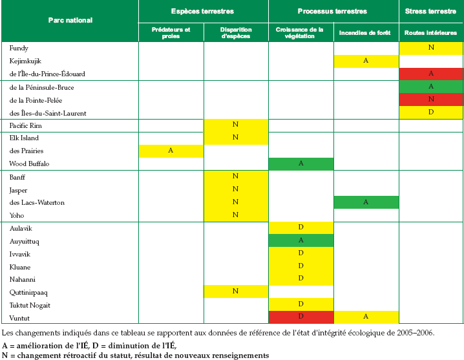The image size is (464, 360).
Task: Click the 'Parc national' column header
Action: click(70, 20)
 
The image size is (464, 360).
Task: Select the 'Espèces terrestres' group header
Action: click(202, 11)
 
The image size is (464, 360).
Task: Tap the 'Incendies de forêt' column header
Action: click(365, 33)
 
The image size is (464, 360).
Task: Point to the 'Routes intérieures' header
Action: click(430, 33)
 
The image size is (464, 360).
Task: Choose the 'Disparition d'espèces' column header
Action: click(236, 33)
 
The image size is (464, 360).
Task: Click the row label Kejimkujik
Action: click(25, 61)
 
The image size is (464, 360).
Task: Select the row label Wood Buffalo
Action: click(29, 164)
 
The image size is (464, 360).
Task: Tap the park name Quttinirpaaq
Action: click(28, 293)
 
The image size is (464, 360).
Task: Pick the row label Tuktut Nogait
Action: click(30, 306)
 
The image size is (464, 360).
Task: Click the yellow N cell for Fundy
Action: click(431, 48)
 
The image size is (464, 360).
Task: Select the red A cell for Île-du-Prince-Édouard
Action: click(431, 74)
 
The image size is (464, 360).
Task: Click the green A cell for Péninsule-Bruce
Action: click(431, 87)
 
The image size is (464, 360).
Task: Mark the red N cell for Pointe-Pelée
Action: click(431, 100)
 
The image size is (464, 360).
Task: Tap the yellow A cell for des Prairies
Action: click(171, 151)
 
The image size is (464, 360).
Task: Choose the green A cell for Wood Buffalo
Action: click(301, 164)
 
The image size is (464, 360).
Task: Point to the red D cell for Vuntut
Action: click(301, 317)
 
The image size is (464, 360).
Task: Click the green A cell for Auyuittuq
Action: click(301, 240)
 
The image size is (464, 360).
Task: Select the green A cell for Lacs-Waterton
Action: click(366, 202)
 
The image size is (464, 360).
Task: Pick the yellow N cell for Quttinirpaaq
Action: click(236, 291)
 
